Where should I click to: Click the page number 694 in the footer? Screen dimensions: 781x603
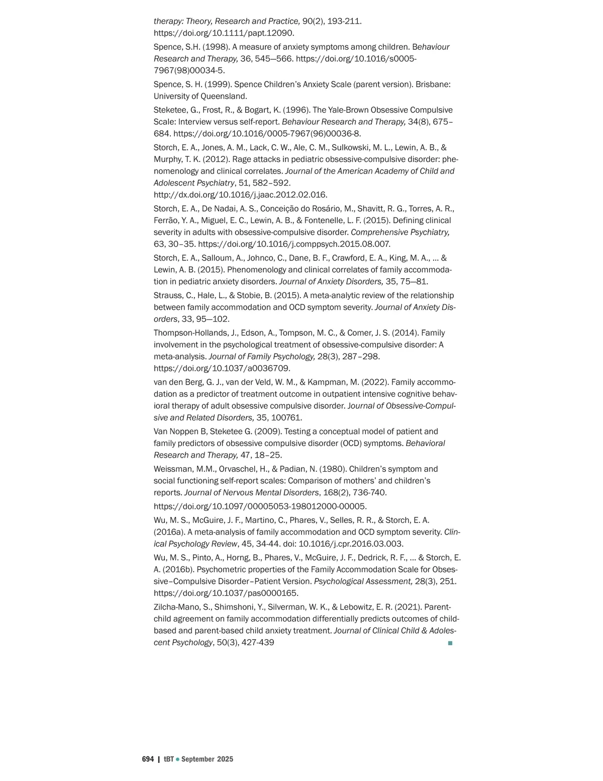tap(148, 759)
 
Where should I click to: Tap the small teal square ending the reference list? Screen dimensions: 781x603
tap(450, 643)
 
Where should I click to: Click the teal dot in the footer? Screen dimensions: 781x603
tap(177, 759)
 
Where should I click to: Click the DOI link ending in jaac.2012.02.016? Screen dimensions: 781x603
tap(240, 195)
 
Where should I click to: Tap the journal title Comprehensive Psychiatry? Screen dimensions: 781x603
tap(400, 232)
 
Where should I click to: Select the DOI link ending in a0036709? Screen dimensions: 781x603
tap(222, 368)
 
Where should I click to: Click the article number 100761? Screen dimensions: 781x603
tap(286, 417)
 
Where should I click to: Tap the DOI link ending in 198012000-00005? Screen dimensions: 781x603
tap(260, 506)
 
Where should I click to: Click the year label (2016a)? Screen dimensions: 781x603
tap(169, 532)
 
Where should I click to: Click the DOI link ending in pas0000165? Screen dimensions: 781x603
tap(226, 593)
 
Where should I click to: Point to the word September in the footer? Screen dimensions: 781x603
tap(198, 759)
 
